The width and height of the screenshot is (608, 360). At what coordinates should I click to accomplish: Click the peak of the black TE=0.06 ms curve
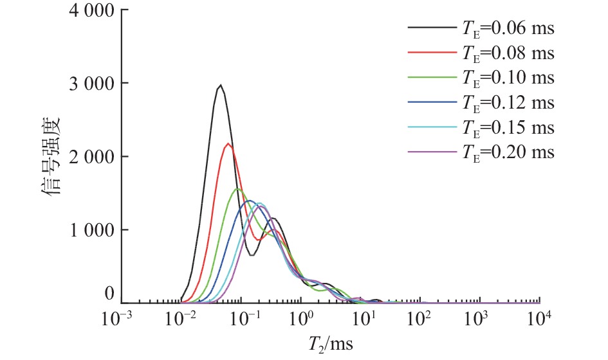(x=221, y=85)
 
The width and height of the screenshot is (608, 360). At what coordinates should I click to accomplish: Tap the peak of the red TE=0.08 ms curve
(x=228, y=143)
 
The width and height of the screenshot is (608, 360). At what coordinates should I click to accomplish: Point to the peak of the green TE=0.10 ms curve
(x=237, y=189)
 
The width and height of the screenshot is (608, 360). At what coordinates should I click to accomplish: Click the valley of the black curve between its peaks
(x=252, y=255)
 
